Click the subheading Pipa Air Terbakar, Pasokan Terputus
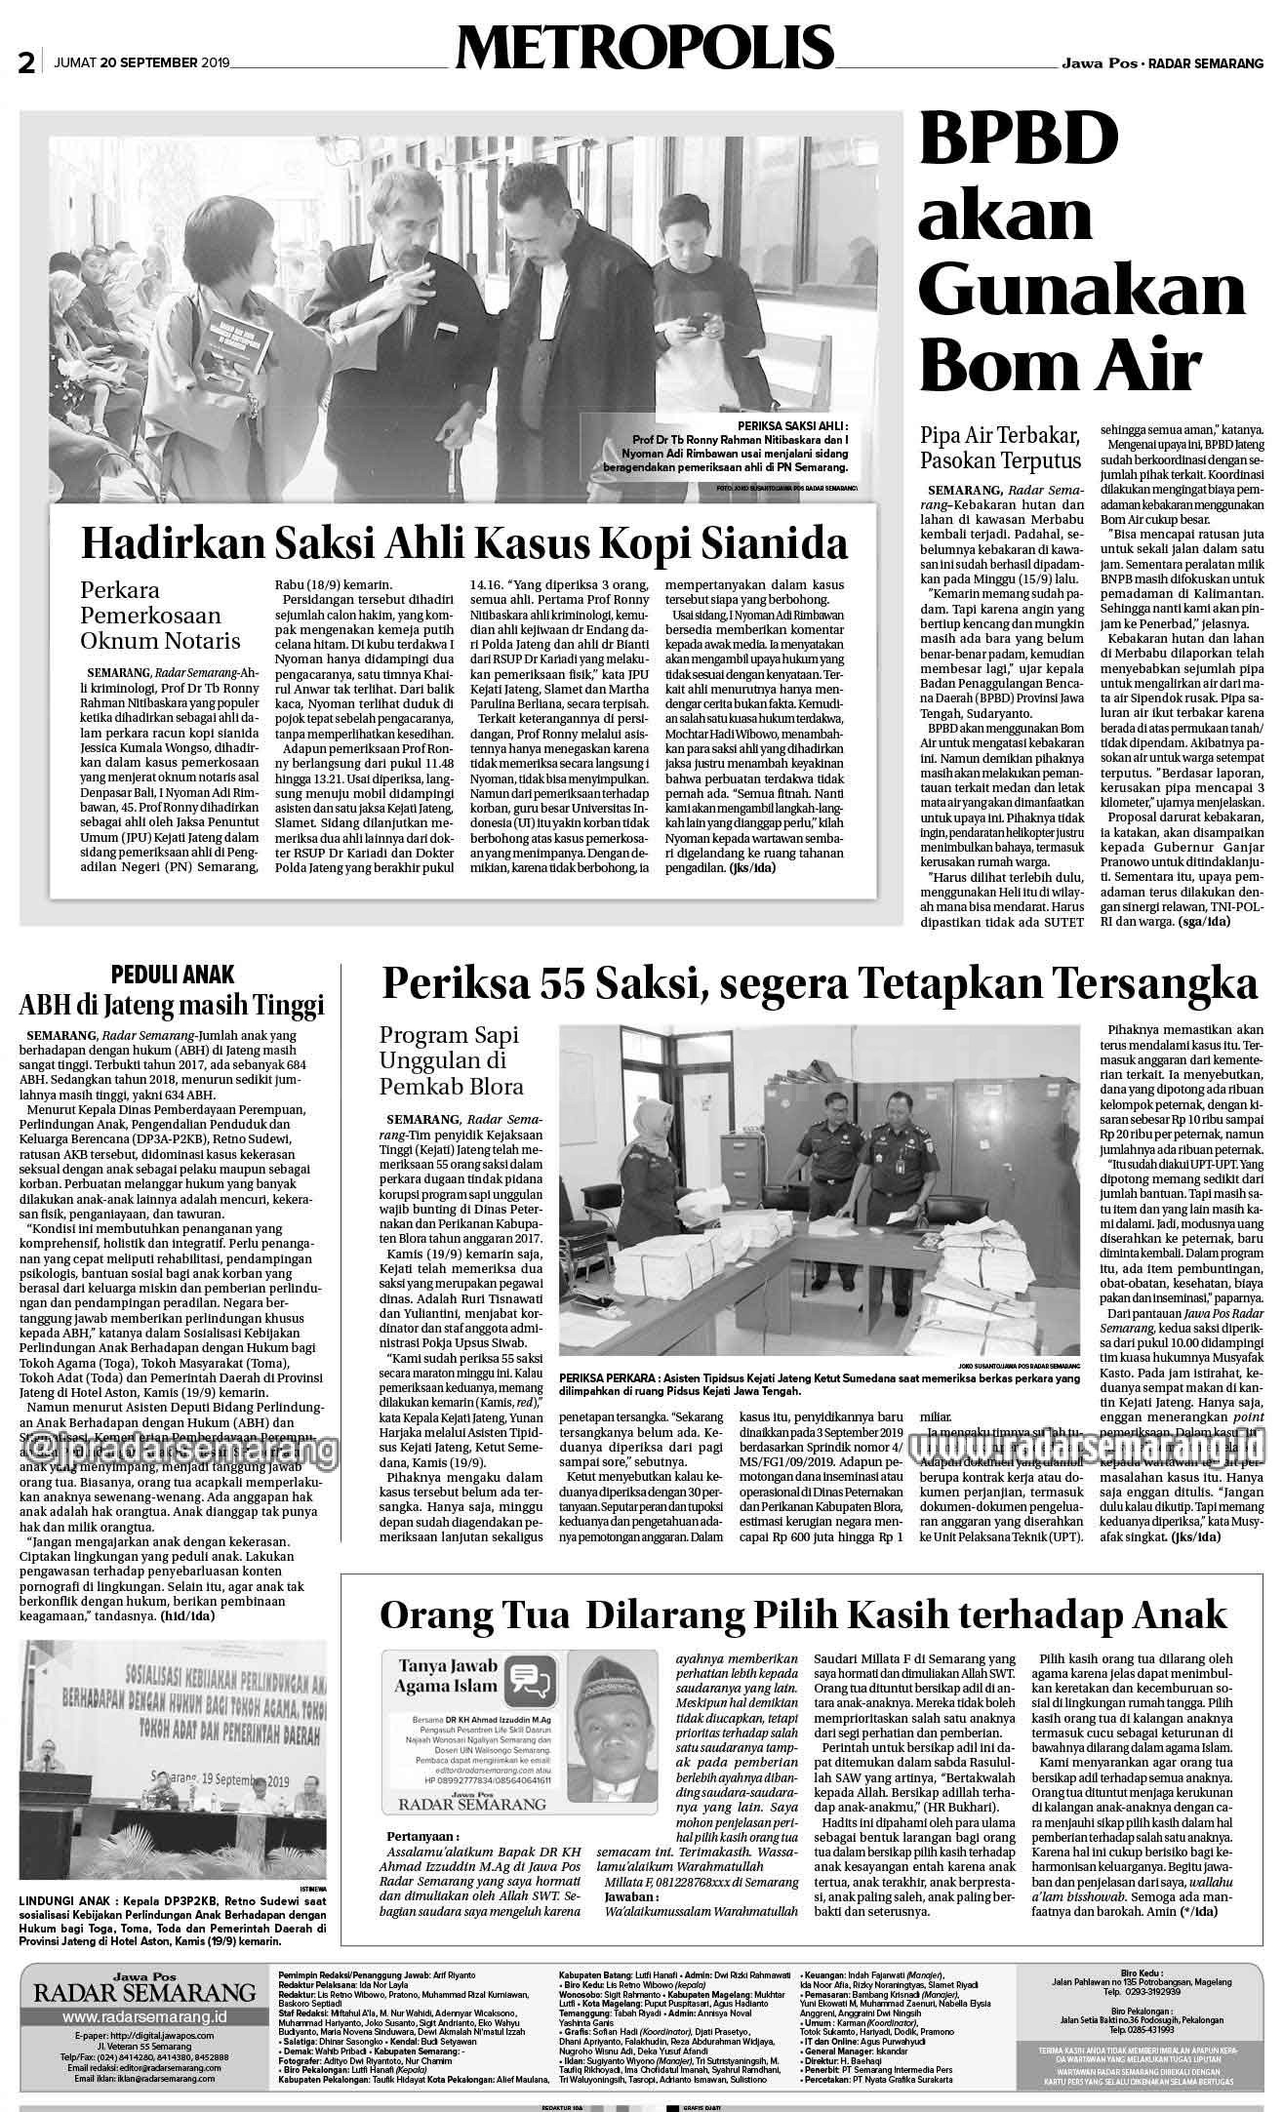[1001, 447]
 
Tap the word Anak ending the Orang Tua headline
[1180, 1614]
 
